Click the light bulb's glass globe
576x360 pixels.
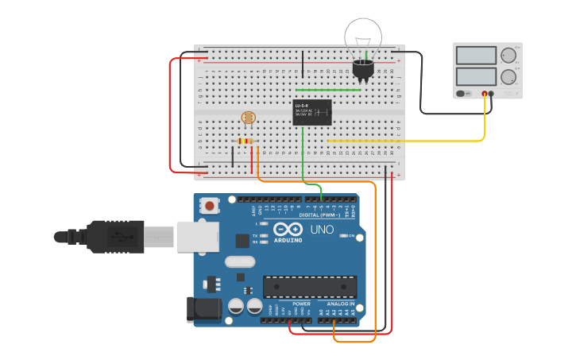(362, 36)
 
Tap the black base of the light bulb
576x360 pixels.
(363, 69)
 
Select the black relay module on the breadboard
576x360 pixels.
(312, 112)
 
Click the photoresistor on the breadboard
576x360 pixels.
(249, 118)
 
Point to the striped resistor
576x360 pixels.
(245, 141)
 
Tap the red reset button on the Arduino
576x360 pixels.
(209, 206)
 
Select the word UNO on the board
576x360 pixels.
(322, 230)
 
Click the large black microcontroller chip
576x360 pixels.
(310, 287)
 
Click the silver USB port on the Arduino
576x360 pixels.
(197, 236)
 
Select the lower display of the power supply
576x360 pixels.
(475, 77)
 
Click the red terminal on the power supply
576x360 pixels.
(485, 94)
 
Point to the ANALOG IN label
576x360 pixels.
(340, 304)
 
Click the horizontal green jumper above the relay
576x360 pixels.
(327, 90)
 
